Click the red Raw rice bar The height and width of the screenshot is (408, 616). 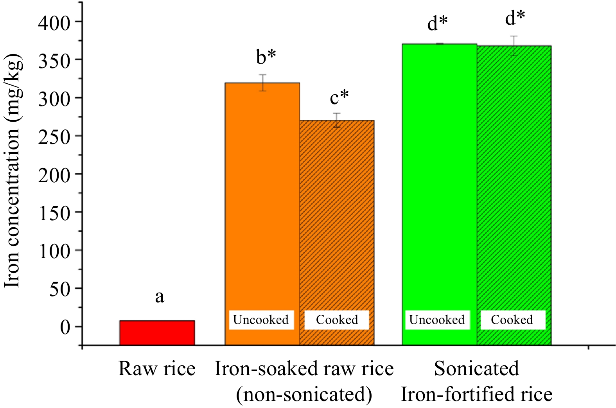coord(157,333)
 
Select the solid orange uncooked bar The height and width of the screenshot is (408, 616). coord(262,196)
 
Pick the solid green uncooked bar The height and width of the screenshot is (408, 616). coord(439,176)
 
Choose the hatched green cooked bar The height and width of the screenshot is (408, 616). coord(514,176)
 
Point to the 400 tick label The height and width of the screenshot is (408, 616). coord(54,23)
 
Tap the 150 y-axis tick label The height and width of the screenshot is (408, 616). coord(54,213)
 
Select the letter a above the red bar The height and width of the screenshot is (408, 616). coord(159,297)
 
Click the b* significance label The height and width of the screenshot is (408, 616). coord(266,57)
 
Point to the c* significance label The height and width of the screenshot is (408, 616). coord(339,97)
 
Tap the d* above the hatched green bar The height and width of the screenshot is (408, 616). coord(515,18)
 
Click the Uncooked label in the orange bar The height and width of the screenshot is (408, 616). coord(260,320)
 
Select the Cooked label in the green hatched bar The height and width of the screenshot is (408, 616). coord(512,320)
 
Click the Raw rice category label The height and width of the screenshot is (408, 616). coord(157,368)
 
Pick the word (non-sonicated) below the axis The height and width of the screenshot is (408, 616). coord(304,394)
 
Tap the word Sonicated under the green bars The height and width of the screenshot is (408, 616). coord(476,368)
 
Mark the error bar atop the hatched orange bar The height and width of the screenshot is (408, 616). coord(337,120)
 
